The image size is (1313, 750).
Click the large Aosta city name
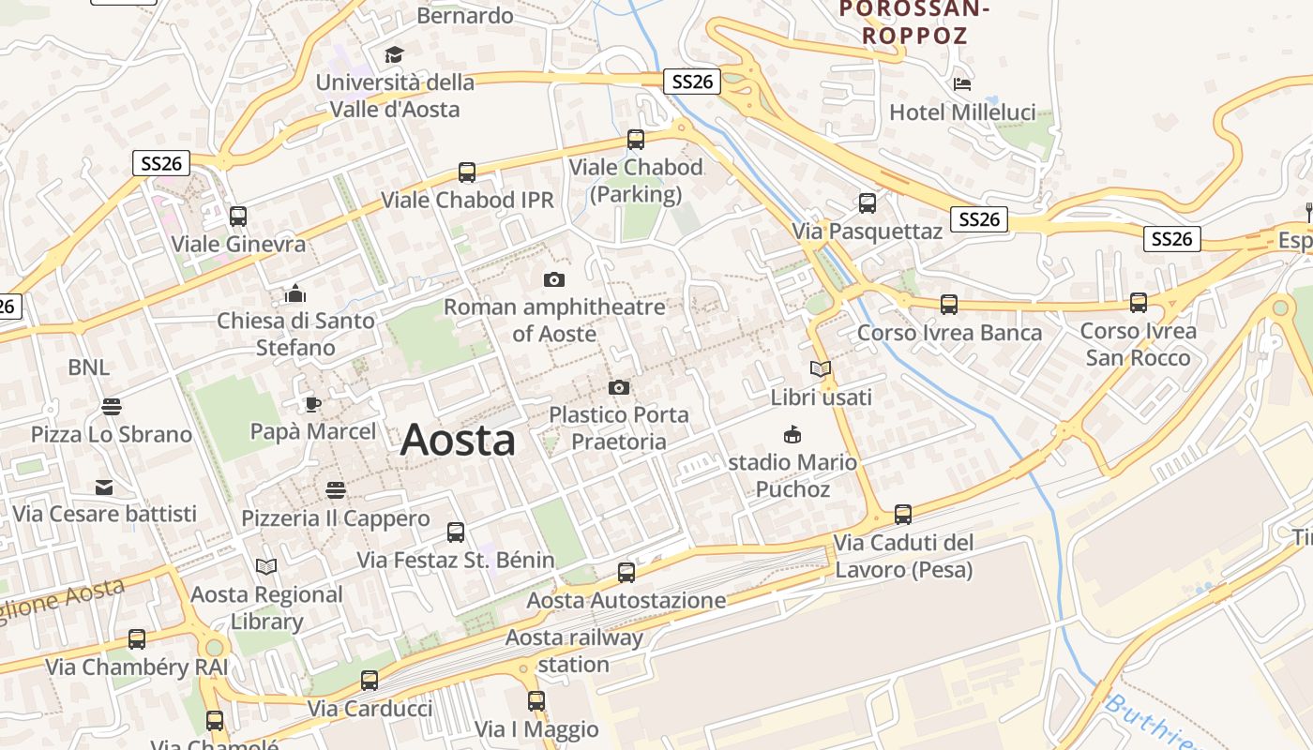(458, 440)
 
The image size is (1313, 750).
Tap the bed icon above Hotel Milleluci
(962, 83)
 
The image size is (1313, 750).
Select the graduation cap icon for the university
(394, 55)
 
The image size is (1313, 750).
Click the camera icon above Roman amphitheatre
(554, 279)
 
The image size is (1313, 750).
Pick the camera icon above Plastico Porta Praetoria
(618, 387)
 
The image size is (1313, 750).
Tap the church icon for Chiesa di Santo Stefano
(295, 293)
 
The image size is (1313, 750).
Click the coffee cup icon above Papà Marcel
(312, 404)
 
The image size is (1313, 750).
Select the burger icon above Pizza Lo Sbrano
(112, 407)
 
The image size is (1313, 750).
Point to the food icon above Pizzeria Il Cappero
(336, 490)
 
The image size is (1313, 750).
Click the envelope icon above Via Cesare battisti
(103, 487)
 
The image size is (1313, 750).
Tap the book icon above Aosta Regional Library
(266, 566)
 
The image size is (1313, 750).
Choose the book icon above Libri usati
(821, 369)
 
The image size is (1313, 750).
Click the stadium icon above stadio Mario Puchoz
(792, 434)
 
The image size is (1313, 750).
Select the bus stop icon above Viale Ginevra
(238, 217)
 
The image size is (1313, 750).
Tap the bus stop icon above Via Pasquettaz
(868, 202)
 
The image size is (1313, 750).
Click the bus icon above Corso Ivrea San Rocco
(1138, 303)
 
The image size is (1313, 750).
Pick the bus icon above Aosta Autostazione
(626, 572)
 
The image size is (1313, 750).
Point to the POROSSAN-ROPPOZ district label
(914, 22)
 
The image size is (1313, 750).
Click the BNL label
(88, 367)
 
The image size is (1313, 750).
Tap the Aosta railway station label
(574, 651)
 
